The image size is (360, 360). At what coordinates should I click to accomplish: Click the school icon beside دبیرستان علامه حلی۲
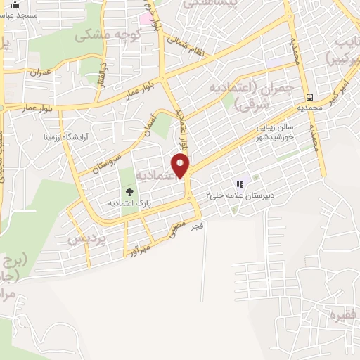pyautogui.click(x=240, y=184)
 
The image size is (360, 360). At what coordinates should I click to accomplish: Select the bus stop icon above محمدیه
pyautogui.click(x=309, y=98)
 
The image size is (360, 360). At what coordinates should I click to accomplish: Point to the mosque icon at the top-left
pyautogui.click(x=15, y=5)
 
